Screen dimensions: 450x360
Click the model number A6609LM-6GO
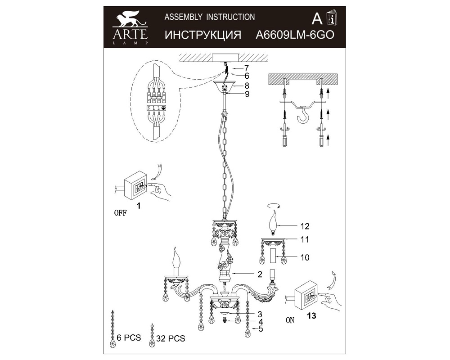pos(295,35)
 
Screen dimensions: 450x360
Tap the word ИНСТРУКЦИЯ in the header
pos(203,35)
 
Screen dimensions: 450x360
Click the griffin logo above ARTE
pos(131,18)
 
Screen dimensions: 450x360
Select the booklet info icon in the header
pos(332,18)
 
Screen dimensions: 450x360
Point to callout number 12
pos(305,226)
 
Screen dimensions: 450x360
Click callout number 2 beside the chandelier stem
pos(260,274)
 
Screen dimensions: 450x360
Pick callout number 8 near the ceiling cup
pos(247,85)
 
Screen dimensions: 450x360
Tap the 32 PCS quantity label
pos(171,338)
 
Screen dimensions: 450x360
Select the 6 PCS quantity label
pos(129,337)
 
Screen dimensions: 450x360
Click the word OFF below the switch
pos(120,213)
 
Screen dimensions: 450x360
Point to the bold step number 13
pos(311,316)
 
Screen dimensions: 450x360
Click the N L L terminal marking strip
pos(157,108)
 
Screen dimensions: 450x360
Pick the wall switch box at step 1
pos(136,185)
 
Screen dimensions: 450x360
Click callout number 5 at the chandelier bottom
pos(261,328)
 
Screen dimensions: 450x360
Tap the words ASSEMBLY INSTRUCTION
pos(210,17)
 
